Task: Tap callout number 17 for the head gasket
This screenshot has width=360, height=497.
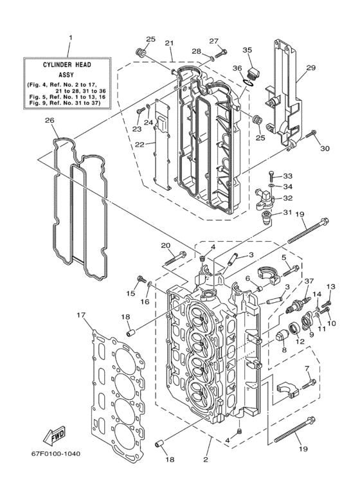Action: (x=80, y=315)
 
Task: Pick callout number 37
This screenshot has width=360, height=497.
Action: (x=309, y=280)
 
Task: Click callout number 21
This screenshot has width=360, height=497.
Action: (x=170, y=43)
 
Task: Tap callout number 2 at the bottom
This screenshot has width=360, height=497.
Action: (x=206, y=460)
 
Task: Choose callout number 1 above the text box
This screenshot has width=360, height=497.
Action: (x=70, y=38)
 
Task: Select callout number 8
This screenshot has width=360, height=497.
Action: (x=283, y=350)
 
